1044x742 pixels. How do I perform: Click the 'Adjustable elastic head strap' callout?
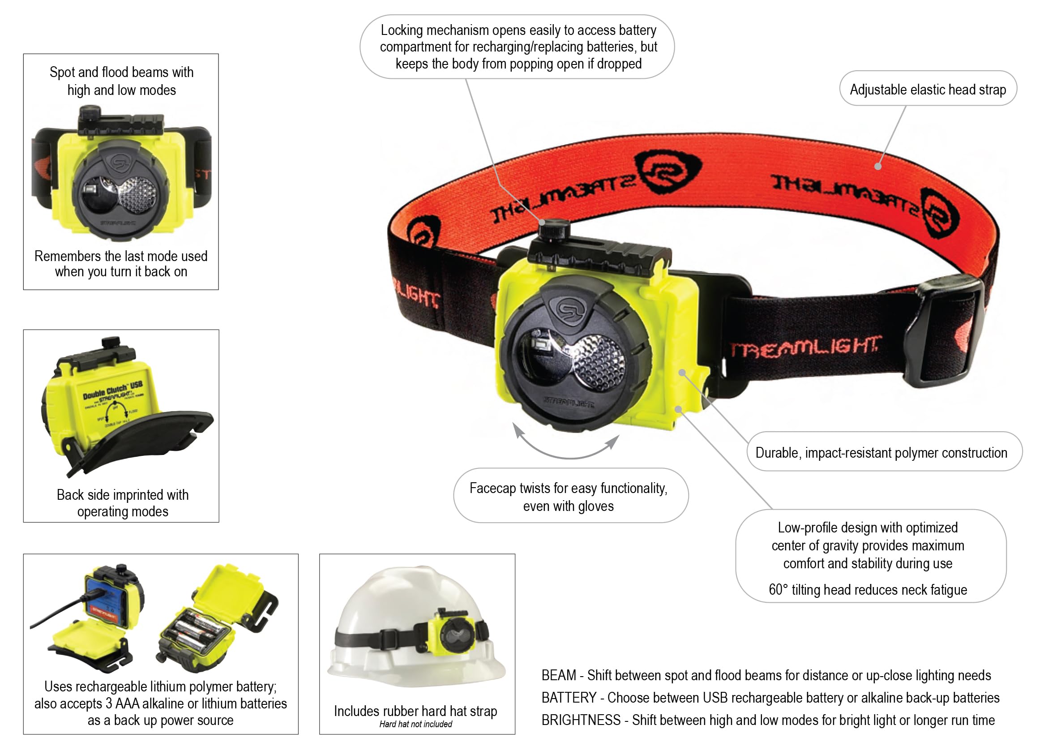click(928, 89)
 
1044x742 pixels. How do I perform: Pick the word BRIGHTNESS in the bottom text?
click(581, 720)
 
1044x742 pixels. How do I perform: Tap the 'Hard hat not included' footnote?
click(415, 724)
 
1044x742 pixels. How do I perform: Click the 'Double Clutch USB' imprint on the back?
click(112, 390)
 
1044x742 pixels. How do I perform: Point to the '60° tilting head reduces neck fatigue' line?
click(867, 590)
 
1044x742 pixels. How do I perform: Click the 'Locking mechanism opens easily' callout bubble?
click(518, 47)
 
